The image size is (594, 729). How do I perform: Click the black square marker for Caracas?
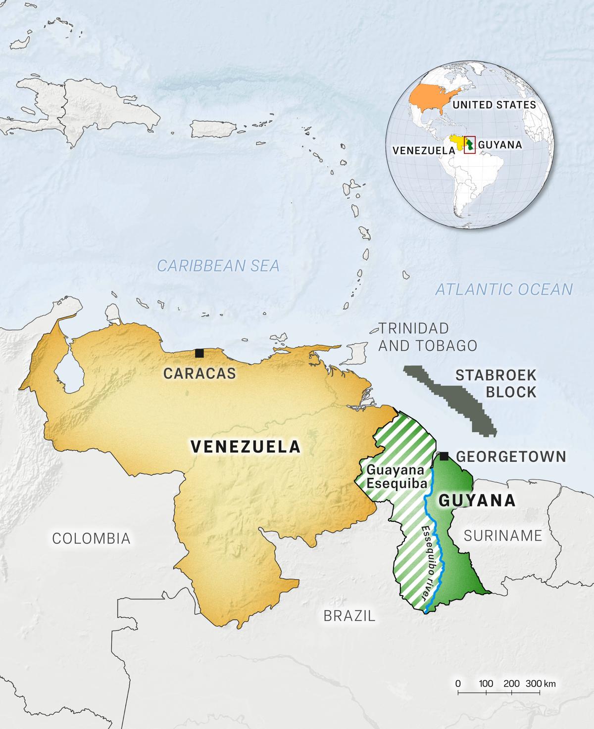(x=199, y=353)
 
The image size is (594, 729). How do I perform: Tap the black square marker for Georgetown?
(x=445, y=456)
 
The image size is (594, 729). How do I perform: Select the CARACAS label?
(x=199, y=373)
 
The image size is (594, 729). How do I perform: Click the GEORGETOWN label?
(x=511, y=456)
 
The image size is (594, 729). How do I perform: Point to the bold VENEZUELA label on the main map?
(x=246, y=447)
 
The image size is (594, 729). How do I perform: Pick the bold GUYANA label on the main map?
(x=477, y=501)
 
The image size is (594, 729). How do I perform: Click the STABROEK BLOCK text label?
(x=496, y=383)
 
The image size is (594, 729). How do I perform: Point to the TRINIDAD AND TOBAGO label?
(x=428, y=337)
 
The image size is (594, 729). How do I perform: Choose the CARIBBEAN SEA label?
(x=218, y=266)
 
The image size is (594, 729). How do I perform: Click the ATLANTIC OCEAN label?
(x=503, y=289)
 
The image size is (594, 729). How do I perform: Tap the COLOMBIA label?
(x=92, y=538)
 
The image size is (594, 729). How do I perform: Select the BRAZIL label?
(x=349, y=616)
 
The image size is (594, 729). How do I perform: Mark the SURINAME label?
(x=503, y=535)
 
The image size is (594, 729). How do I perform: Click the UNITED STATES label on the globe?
(x=494, y=105)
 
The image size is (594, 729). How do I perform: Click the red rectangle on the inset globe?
(x=469, y=145)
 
